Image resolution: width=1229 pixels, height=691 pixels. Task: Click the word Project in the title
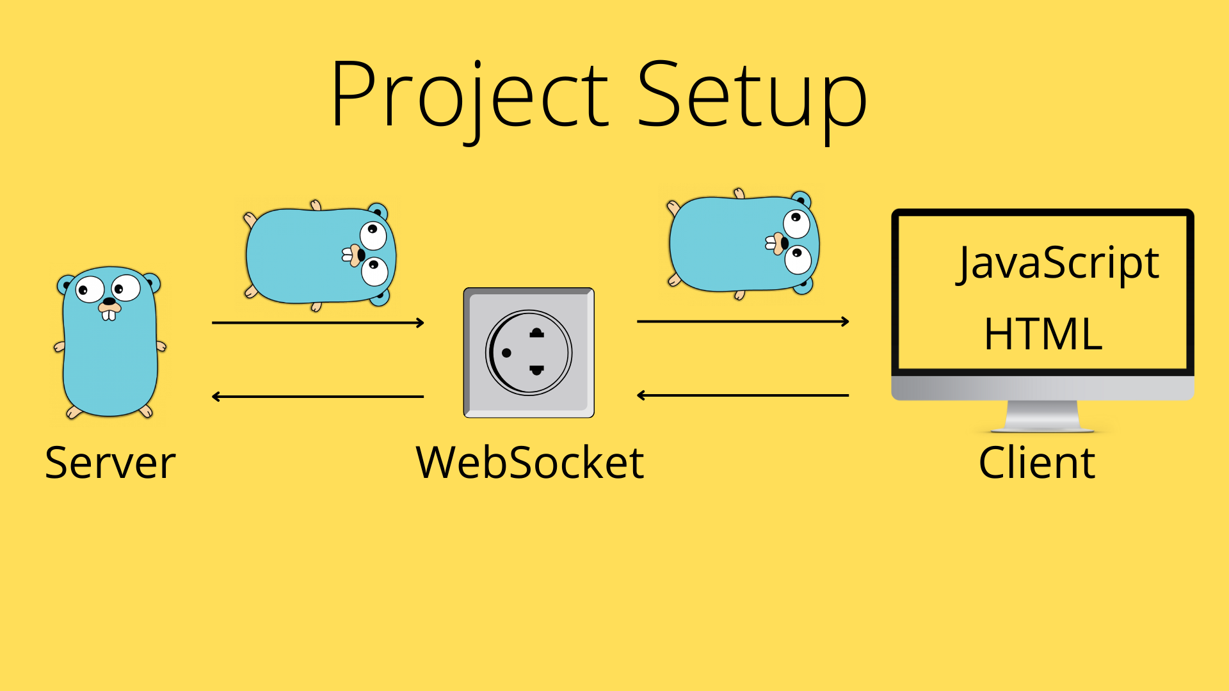click(469, 96)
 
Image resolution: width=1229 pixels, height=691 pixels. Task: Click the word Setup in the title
click(751, 96)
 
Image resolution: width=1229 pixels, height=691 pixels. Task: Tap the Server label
click(110, 463)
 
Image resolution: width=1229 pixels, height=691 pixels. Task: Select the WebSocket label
click(529, 463)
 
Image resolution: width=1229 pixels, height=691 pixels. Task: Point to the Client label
click(1037, 463)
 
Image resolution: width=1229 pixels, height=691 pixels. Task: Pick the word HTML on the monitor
click(1043, 334)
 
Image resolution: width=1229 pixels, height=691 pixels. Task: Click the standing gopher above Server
click(109, 358)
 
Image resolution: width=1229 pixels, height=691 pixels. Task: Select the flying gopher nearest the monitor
click(743, 244)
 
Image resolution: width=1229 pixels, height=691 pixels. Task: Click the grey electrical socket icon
click(529, 353)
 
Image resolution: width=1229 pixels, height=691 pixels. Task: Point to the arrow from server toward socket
click(317, 323)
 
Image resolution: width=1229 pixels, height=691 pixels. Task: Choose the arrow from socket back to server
click(317, 397)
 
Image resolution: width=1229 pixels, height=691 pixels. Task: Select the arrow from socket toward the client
click(743, 321)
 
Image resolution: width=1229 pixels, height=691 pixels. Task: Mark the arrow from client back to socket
click(743, 395)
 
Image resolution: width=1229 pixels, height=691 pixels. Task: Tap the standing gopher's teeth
click(109, 314)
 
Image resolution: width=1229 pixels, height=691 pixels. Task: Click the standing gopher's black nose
click(109, 301)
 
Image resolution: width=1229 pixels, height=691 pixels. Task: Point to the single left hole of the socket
click(506, 353)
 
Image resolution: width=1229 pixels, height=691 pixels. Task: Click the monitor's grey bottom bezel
click(1042, 388)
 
